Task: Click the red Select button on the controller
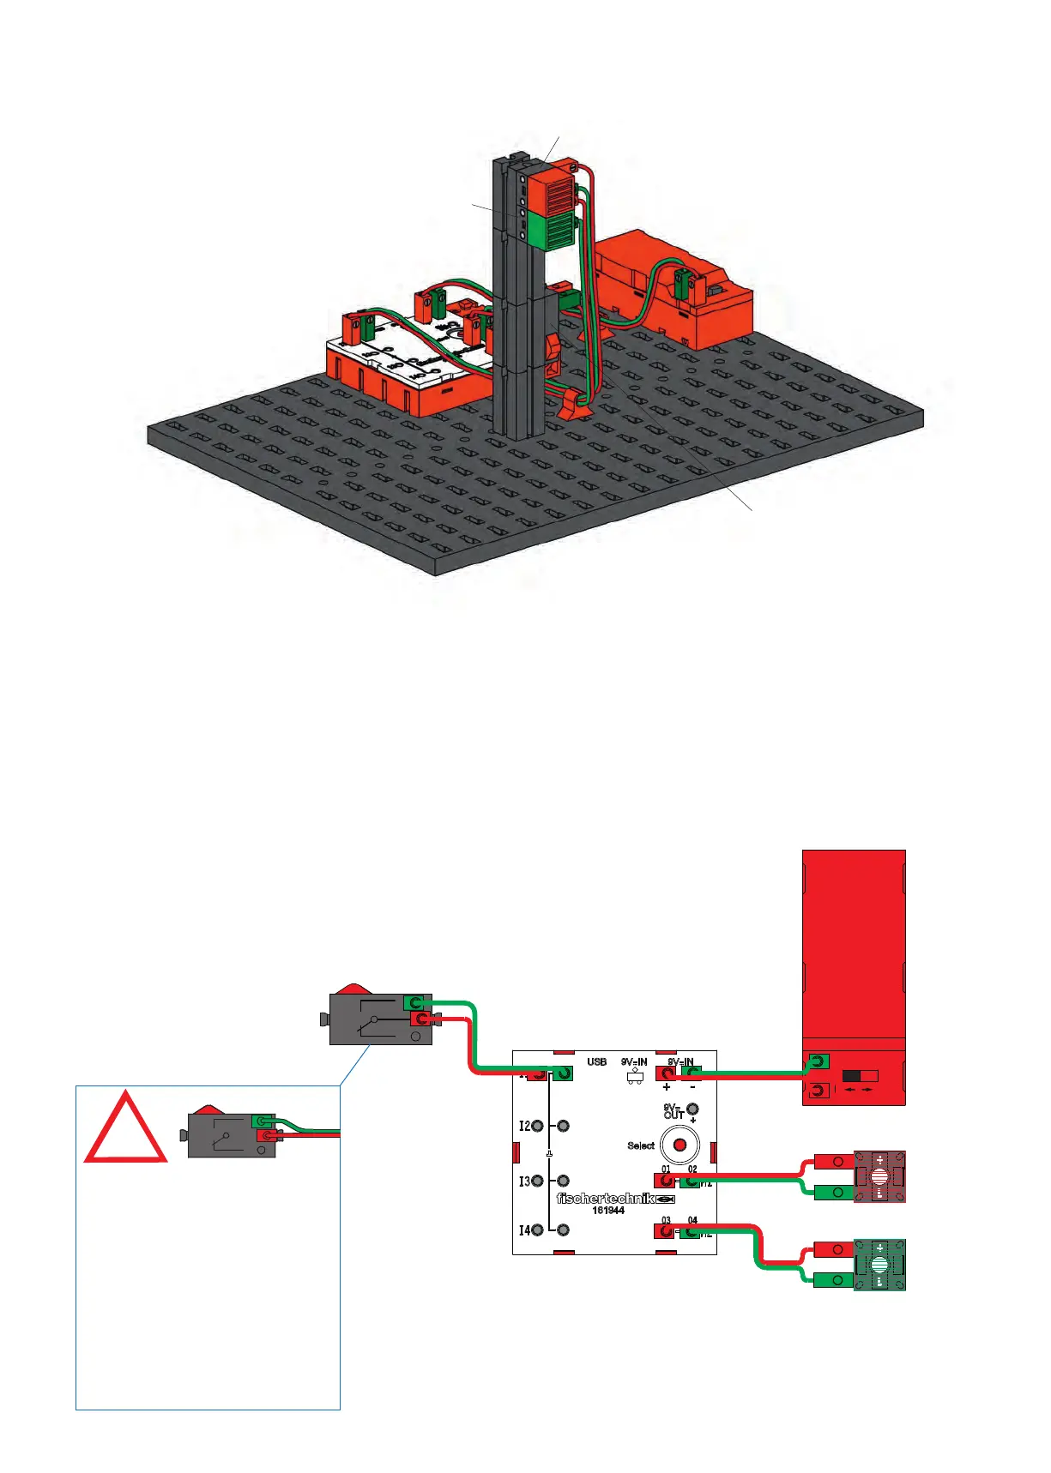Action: [x=680, y=1145]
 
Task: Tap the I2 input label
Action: [x=525, y=1126]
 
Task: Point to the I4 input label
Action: [x=525, y=1230]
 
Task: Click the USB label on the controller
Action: [x=597, y=1061]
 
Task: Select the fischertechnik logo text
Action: [x=606, y=1198]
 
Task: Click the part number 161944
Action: [x=608, y=1211]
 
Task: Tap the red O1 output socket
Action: [x=665, y=1181]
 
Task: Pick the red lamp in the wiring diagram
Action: [x=879, y=1177]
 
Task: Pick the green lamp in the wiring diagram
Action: [x=879, y=1265]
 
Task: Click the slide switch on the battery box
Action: [x=861, y=1075]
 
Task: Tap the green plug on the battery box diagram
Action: [x=818, y=1061]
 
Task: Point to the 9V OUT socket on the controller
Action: [x=692, y=1109]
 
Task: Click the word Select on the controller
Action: [x=641, y=1145]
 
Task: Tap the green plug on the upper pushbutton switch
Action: [x=417, y=1002]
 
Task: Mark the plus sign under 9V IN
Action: [x=667, y=1087]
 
